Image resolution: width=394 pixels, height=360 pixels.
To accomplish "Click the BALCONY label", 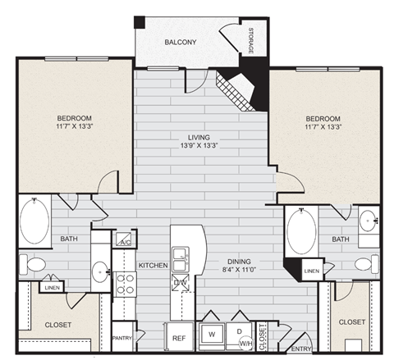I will click(x=180, y=42).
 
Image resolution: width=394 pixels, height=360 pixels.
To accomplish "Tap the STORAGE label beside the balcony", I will click(x=250, y=41).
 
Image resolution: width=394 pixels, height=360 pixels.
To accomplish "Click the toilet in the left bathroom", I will click(x=34, y=265).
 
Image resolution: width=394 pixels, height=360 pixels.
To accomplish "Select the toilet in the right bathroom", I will click(x=365, y=264).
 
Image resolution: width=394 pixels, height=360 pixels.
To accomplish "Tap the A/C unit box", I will click(x=126, y=240).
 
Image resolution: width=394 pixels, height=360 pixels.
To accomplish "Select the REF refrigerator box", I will click(x=178, y=335).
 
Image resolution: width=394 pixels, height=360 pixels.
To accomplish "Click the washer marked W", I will click(x=212, y=335).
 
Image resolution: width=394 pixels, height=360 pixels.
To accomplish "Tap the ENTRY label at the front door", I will click(x=301, y=349).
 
